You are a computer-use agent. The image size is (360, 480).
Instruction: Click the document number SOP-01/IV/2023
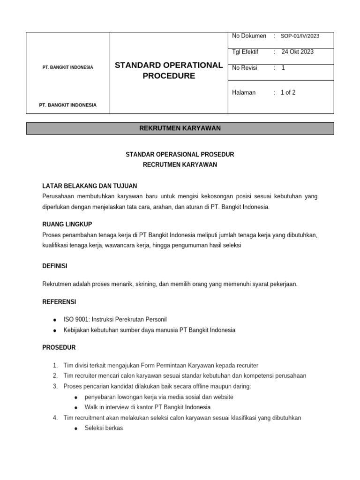pyautogui.click(x=300, y=36)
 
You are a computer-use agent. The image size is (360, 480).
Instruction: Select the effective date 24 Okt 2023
pyautogui.click(x=297, y=52)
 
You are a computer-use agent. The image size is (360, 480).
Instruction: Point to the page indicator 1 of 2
pyautogui.click(x=288, y=93)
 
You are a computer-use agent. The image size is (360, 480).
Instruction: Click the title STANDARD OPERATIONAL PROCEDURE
pyautogui.click(x=169, y=70)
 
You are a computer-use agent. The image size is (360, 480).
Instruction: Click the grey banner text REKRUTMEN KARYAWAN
pyautogui.click(x=180, y=128)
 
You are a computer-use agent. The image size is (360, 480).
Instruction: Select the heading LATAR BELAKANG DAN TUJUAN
pyautogui.click(x=90, y=186)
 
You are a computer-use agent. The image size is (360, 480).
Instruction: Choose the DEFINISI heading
pyautogui.click(x=55, y=266)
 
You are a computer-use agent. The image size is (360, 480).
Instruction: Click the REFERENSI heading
pyautogui.click(x=59, y=301)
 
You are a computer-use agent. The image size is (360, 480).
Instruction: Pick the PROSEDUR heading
pyautogui.click(x=59, y=347)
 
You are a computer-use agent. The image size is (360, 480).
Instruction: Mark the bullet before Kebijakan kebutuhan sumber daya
pyautogui.click(x=55, y=330)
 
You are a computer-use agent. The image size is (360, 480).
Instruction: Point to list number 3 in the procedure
pyautogui.click(x=55, y=386)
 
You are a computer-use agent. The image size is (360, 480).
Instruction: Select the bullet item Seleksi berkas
pyautogui.click(x=104, y=428)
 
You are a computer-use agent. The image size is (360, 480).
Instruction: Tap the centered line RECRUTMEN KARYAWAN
pyautogui.click(x=180, y=165)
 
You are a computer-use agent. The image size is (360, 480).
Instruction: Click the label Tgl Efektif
pyautogui.click(x=245, y=52)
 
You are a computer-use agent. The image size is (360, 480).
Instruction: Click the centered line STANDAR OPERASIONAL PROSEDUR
pyautogui.click(x=180, y=154)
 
